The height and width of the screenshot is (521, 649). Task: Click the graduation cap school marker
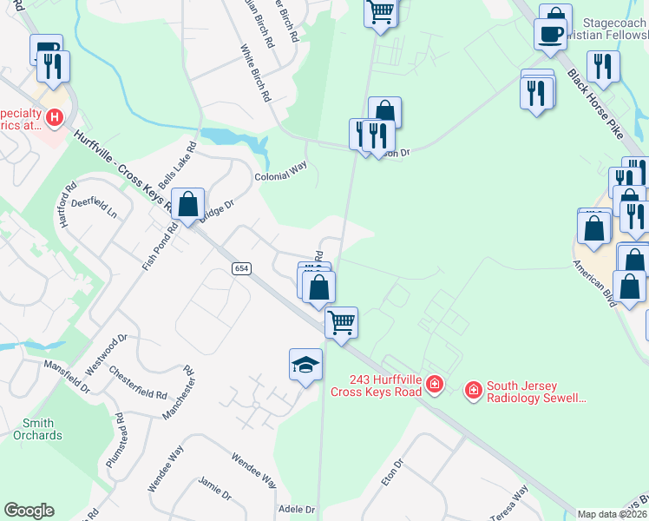pyautogui.click(x=305, y=365)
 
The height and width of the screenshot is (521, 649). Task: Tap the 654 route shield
pyautogui.click(x=243, y=268)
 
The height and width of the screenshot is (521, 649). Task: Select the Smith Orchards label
pyautogui.click(x=37, y=429)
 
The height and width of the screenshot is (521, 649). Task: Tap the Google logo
pyautogui.click(x=29, y=511)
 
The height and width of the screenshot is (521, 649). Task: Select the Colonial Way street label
pyautogui.click(x=281, y=171)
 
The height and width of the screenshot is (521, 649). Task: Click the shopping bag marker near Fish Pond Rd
pyautogui.click(x=188, y=205)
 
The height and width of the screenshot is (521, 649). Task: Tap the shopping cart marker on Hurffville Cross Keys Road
pyautogui.click(x=342, y=322)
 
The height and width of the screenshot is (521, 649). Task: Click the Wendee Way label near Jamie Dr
pyautogui.click(x=253, y=469)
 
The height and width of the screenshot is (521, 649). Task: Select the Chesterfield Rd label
pyautogui.click(x=138, y=382)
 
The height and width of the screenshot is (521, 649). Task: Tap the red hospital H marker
pyautogui.click(x=55, y=116)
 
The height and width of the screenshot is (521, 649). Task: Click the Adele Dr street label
pyautogui.click(x=296, y=509)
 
